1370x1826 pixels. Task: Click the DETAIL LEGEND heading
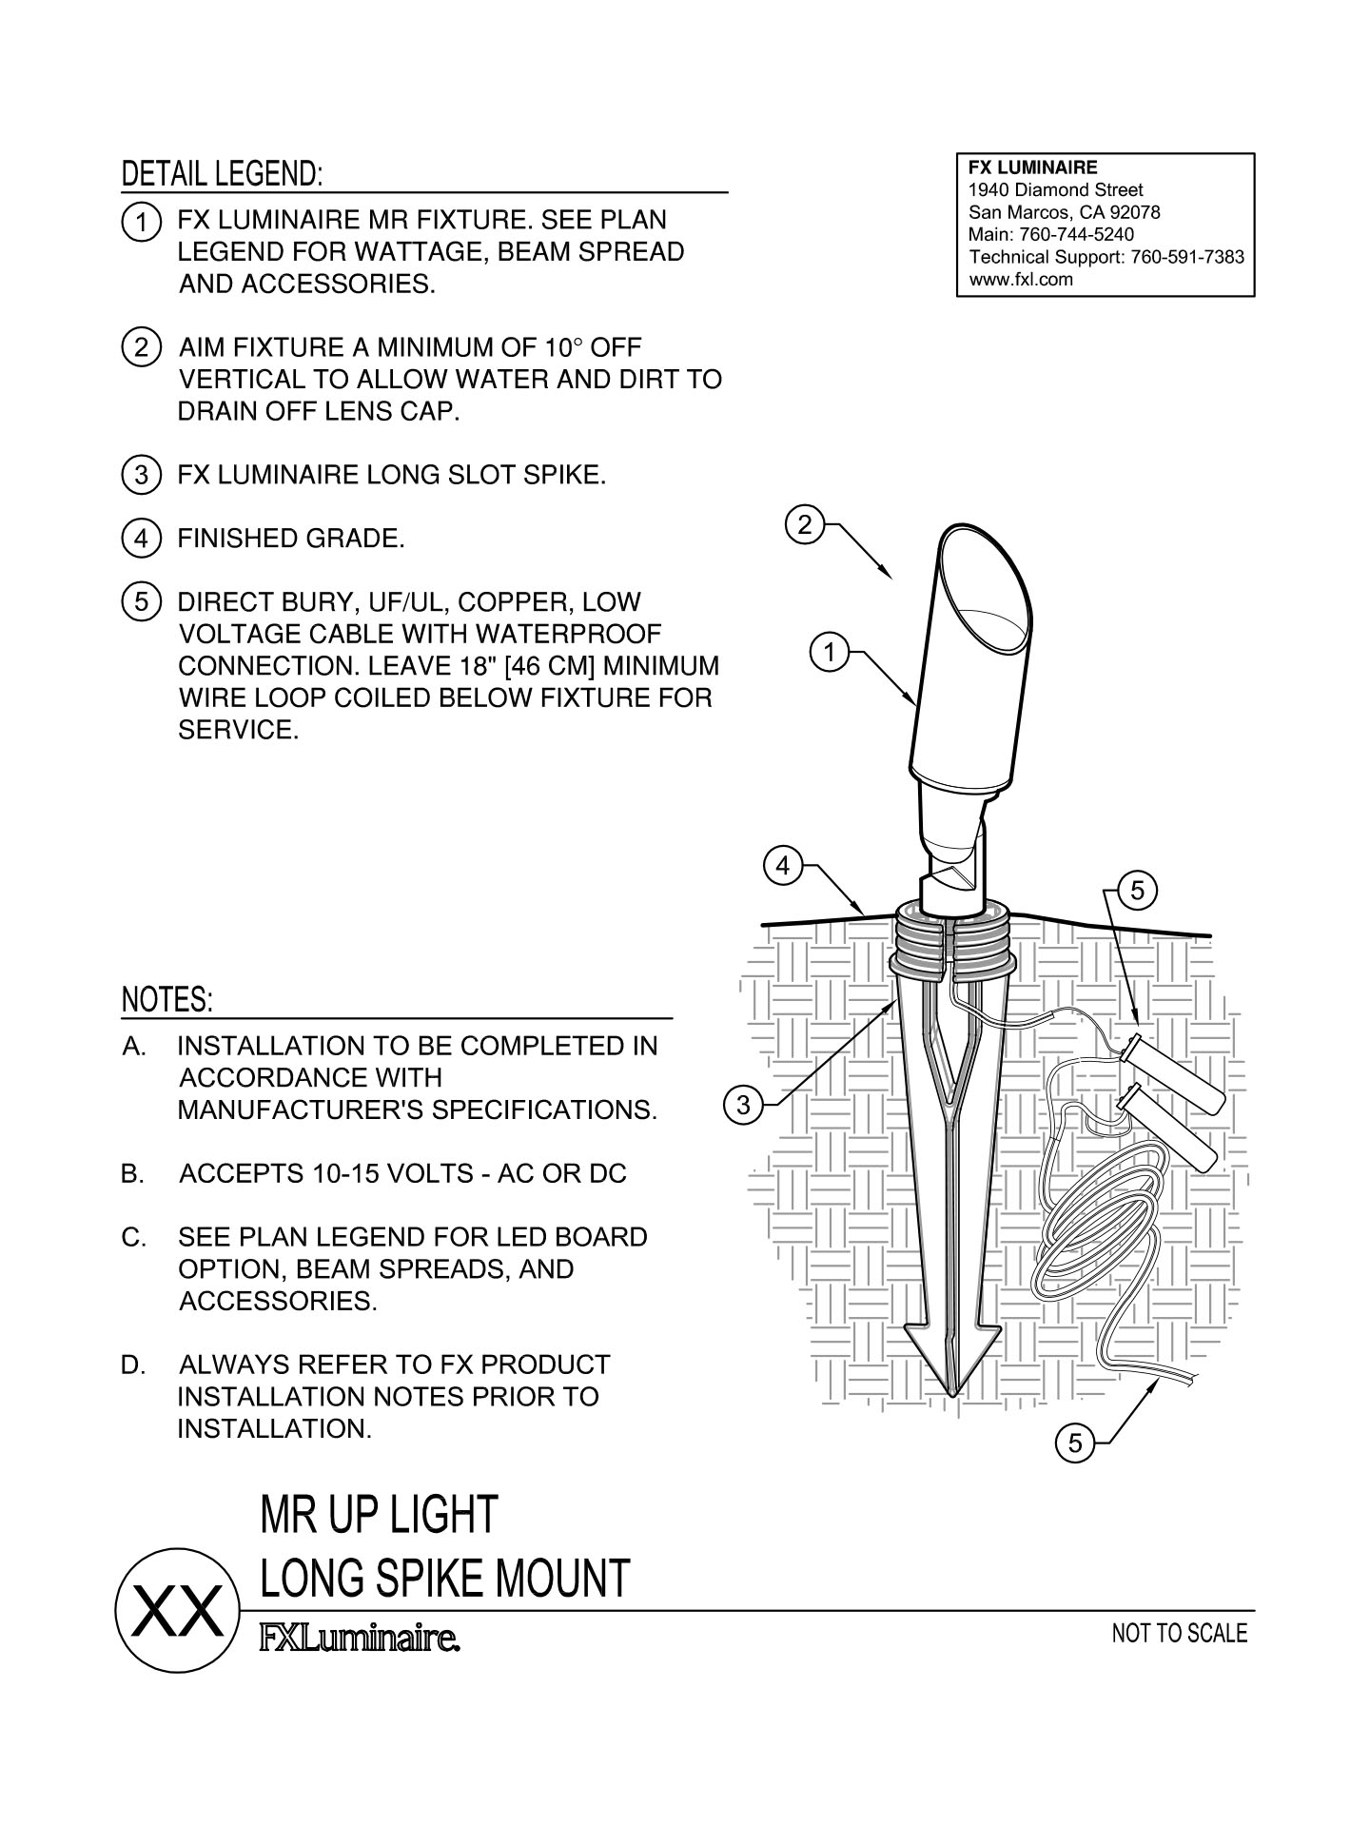point(222,174)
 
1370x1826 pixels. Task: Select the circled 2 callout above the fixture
point(805,525)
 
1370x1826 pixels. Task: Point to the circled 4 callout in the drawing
point(782,866)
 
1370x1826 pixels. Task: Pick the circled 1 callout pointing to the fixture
point(830,654)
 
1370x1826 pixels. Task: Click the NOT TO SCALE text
point(1180,1634)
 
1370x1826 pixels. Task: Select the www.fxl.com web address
point(1021,279)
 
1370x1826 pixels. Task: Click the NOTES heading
point(167,1000)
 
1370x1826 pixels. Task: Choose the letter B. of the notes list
point(132,1173)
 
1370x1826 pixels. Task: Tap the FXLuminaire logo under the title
point(361,1639)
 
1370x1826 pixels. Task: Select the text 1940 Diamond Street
point(1055,189)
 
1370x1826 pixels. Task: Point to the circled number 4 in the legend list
point(141,540)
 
